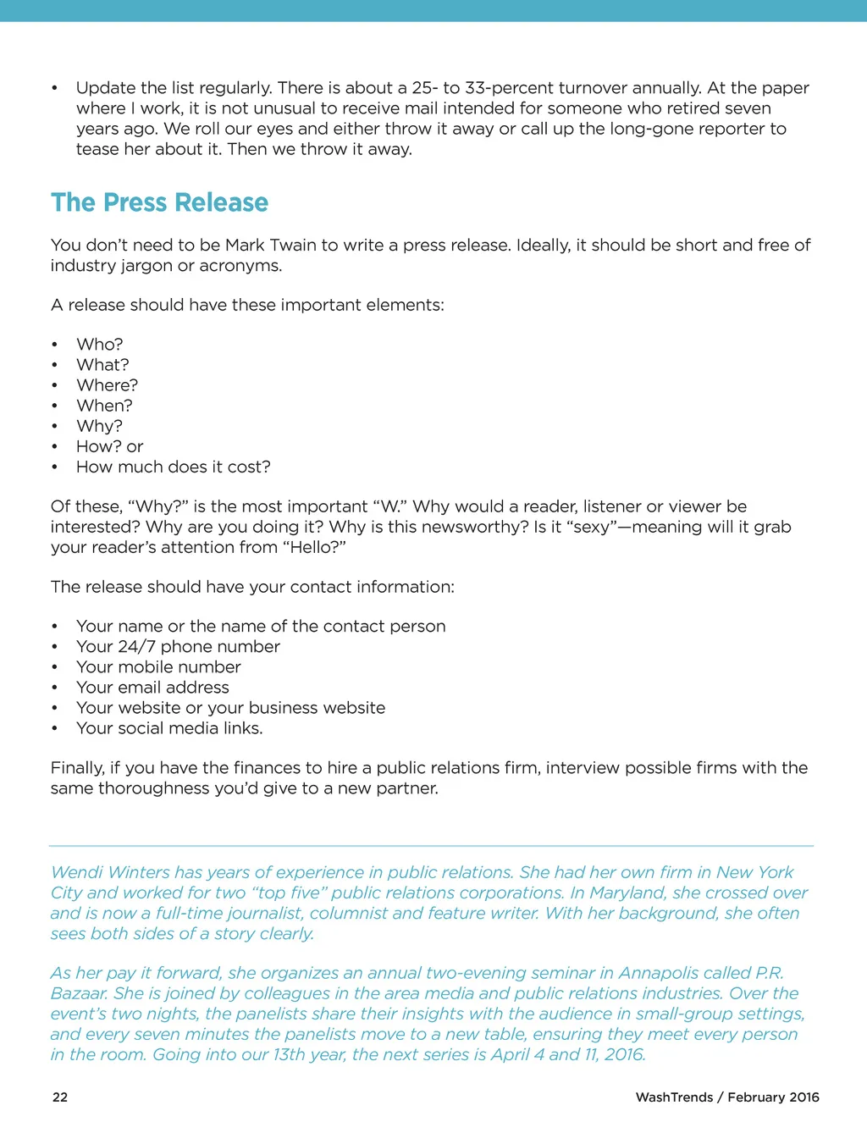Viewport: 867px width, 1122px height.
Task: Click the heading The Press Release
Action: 159,203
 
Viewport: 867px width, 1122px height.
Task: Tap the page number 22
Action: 60,1097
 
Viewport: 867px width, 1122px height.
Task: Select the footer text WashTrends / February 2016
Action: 727,1097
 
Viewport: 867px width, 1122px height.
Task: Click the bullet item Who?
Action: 100,345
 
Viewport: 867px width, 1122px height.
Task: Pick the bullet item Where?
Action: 108,385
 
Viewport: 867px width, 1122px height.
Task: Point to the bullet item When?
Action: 104,406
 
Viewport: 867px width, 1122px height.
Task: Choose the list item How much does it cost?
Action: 174,467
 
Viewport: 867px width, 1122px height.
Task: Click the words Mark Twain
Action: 270,246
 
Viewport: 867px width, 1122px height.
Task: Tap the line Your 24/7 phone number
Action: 178,647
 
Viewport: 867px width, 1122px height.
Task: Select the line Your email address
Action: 152,688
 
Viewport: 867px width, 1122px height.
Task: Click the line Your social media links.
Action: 169,728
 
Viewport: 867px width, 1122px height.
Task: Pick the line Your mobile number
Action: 158,667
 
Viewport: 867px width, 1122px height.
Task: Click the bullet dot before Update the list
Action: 54,88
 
